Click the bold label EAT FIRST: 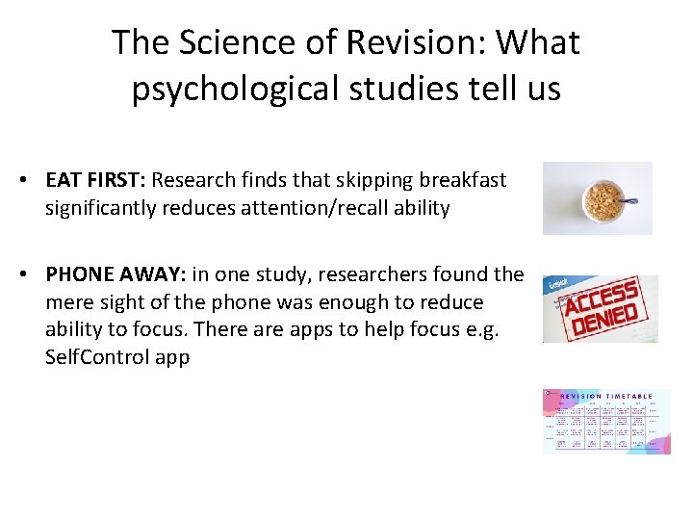(94, 180)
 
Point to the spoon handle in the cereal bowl (629, 201)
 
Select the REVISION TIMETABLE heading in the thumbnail (606, 396)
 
